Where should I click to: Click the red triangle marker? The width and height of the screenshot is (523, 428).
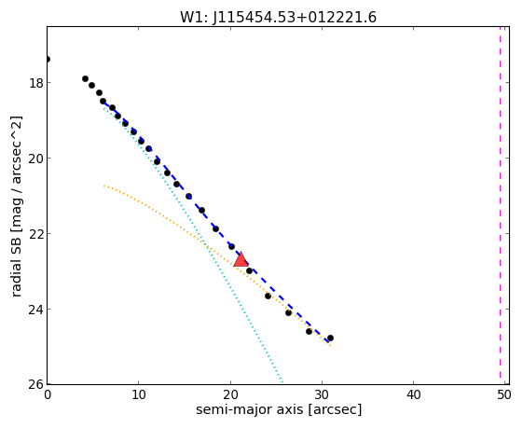[241, 260]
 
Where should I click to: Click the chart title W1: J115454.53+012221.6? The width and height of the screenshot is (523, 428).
[278, 18]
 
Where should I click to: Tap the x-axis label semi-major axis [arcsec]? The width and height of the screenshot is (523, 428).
[279, 409]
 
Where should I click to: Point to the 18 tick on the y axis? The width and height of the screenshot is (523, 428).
[36, 83]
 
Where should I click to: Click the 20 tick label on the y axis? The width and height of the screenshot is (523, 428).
[36, 159]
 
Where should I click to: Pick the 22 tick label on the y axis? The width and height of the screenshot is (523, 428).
[36, 234]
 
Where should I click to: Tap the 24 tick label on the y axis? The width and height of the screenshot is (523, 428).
[36, 310]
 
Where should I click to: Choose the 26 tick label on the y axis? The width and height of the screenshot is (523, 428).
[36, 384]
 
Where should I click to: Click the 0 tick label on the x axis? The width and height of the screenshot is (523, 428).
[48, 395]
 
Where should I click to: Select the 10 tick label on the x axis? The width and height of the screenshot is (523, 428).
[138, 395]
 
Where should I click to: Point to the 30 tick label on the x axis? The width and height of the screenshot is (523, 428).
[322, 395]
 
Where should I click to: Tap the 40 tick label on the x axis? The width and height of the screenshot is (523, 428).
[413, 395]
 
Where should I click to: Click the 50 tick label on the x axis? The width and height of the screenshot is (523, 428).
[504, 395]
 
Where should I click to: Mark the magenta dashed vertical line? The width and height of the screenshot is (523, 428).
[500, 202]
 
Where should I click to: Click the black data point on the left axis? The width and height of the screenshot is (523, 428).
[48, 60]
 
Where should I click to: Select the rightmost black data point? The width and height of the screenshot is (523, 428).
[330, 338]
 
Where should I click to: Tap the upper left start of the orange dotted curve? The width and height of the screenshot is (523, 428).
[104, 186]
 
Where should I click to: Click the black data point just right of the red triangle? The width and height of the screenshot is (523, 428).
[249, 270]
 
